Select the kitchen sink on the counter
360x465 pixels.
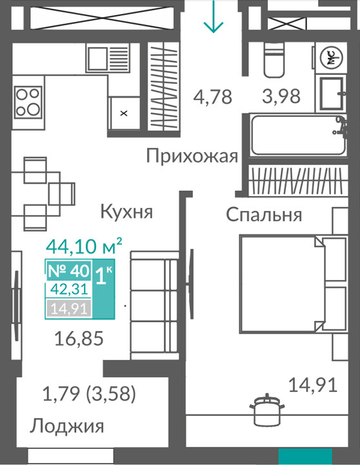[108, 58]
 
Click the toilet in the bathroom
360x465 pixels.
[274, 60]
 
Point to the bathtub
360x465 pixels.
[298, 135]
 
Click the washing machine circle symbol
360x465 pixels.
[331, 57]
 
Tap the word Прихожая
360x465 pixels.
[192, 156]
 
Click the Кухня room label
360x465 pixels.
[126, 212]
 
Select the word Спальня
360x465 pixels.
[264, 214]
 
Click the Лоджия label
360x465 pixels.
[66, 426]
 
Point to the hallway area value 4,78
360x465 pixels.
[213, 97]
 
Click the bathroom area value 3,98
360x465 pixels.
[281, 96]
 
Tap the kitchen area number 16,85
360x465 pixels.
[79, 339]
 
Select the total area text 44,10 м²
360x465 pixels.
[84, 246]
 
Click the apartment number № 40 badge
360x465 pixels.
[68, 270]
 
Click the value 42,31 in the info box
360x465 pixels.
[69, 289]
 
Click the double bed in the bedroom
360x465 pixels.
[293, 284]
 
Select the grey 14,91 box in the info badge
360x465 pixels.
[68, 309]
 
